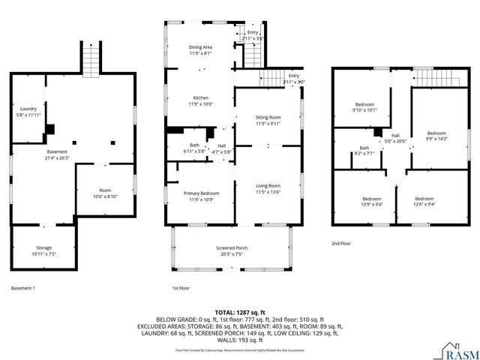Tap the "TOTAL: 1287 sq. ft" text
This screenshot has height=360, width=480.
pos(240,312)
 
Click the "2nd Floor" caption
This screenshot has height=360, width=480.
pos(341,243)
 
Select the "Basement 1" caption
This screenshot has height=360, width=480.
pos(23,288)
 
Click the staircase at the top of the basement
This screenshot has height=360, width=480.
pos(91,60)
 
